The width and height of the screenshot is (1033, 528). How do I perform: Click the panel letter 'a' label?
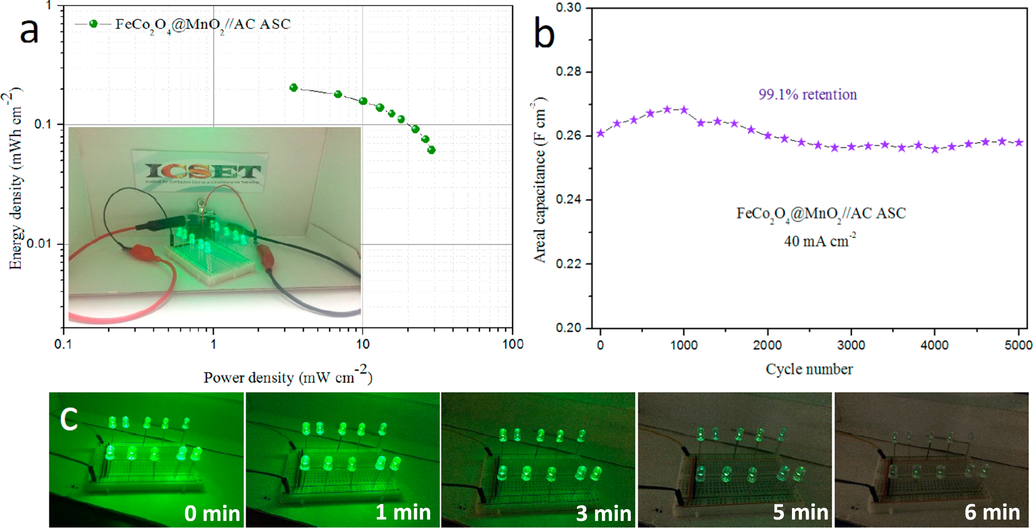[29, 31]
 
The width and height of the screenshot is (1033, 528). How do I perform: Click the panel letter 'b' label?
[544, 34]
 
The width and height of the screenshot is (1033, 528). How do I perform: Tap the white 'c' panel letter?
[69, 418]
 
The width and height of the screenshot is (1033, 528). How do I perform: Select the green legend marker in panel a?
[93, 24]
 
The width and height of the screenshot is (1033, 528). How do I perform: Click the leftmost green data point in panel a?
[293, 88]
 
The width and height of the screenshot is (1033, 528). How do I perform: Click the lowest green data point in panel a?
[431, 150]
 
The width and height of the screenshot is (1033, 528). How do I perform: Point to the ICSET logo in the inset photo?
[203, 172]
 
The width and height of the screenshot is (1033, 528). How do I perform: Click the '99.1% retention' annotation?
[807, 94]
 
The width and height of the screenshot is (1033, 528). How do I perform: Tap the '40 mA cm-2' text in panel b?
[819, 241]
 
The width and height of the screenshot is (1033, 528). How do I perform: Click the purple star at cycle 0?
[601, 133]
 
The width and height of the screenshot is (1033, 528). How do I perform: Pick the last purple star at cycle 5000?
[1019, 143]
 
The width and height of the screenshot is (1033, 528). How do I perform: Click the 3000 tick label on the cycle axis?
[851, 345]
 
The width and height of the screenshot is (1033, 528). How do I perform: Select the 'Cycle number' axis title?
[809, 369]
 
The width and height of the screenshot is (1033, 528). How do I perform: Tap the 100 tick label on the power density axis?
[513, 344]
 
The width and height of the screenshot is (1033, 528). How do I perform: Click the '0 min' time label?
[212, 513]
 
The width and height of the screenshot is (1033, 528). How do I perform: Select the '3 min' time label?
[603, 513]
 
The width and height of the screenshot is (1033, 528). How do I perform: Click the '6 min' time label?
[992, 512]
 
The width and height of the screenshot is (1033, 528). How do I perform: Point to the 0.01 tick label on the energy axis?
[39, 244]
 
